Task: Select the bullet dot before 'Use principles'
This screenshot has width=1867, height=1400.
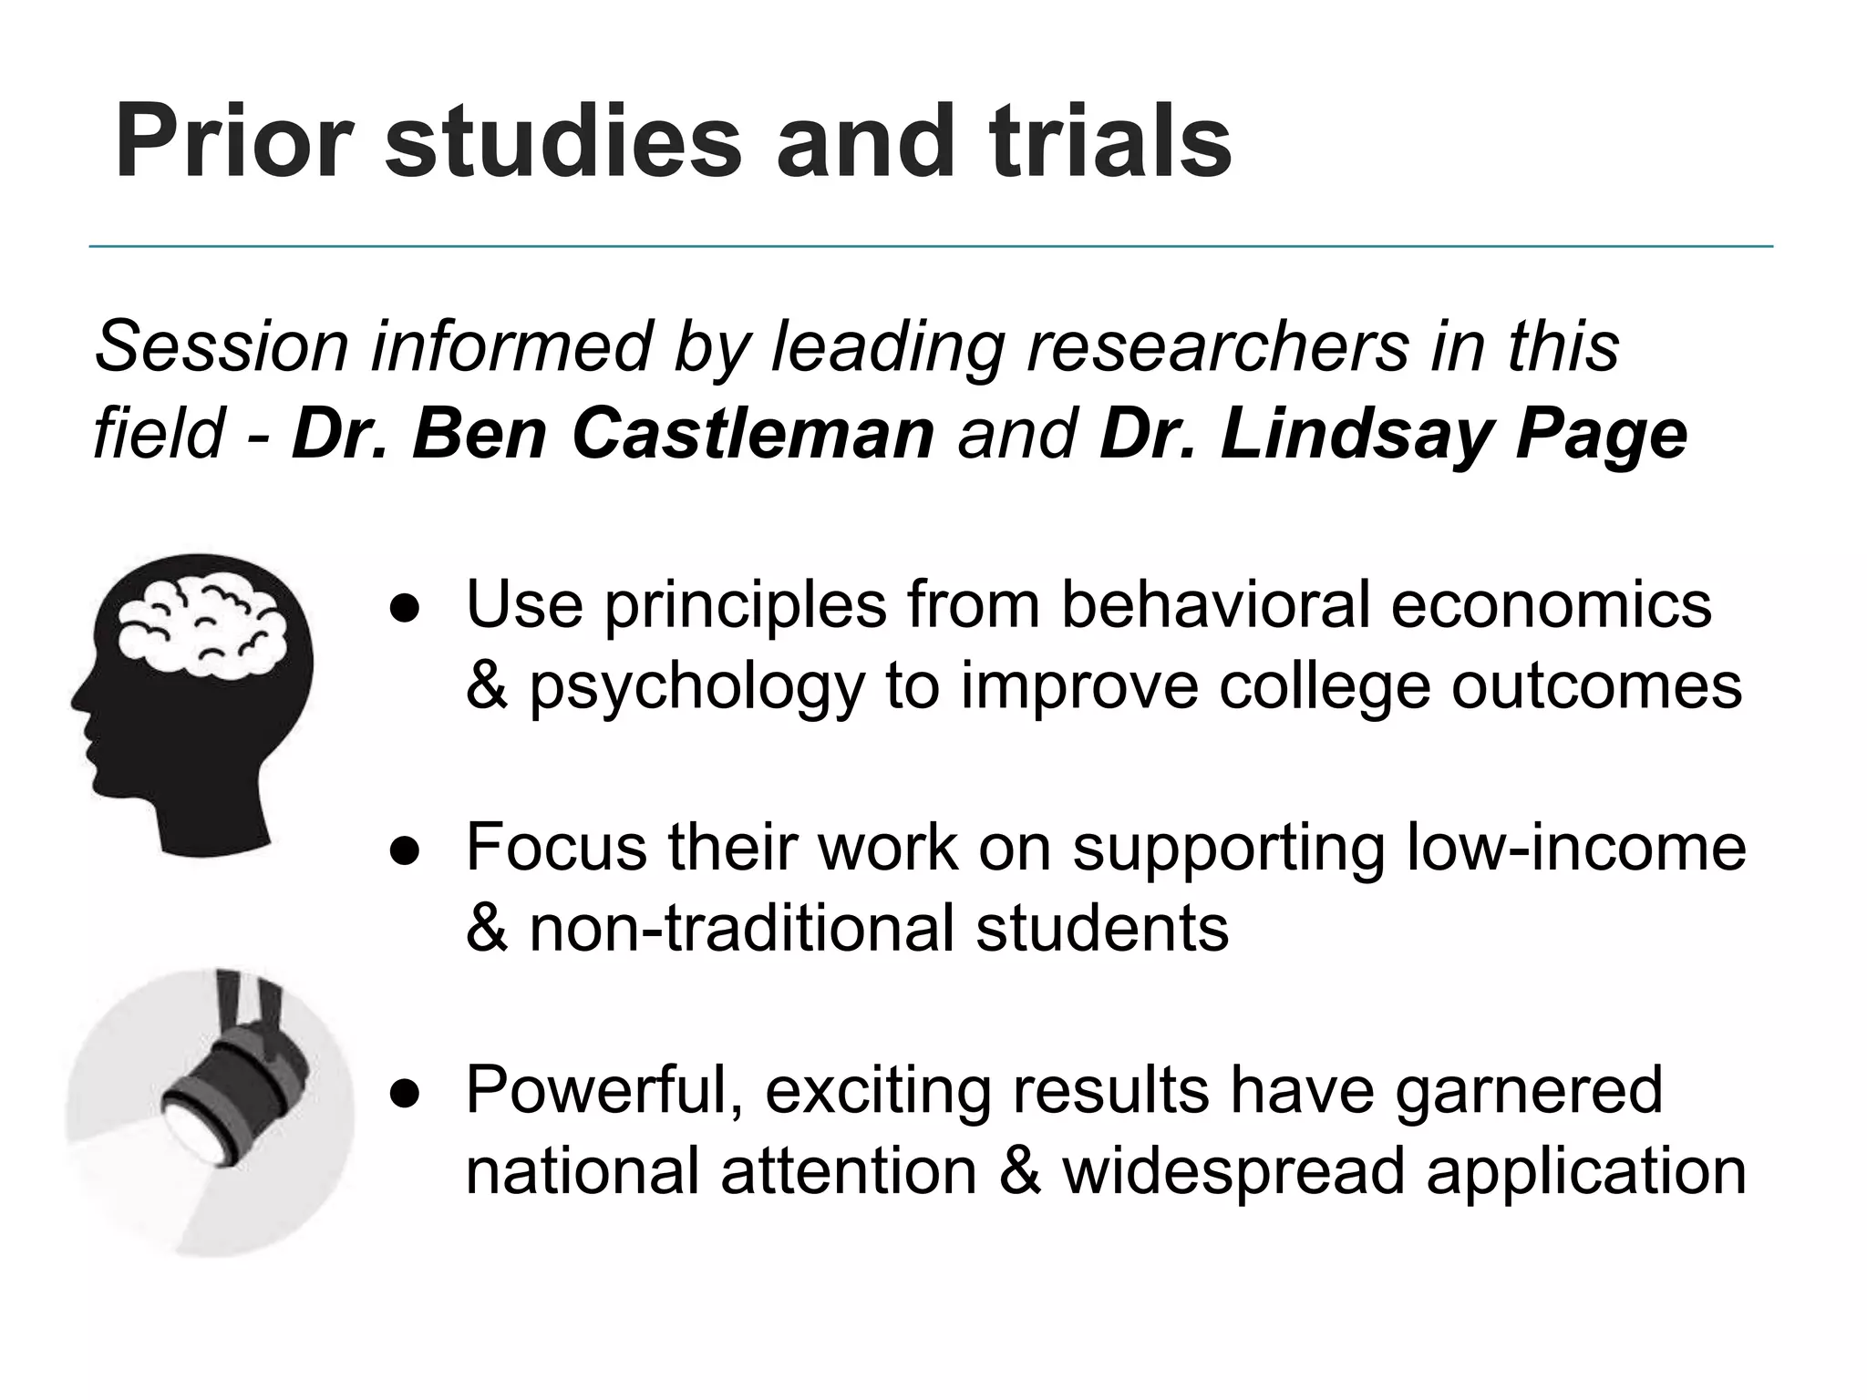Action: [x=404, y=607]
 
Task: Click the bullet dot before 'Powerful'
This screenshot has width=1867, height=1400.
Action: [x=404, y=1092]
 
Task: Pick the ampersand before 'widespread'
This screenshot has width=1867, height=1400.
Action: [x=1019, y=1171]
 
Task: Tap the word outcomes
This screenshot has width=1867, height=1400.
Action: [x=1596, y=686]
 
